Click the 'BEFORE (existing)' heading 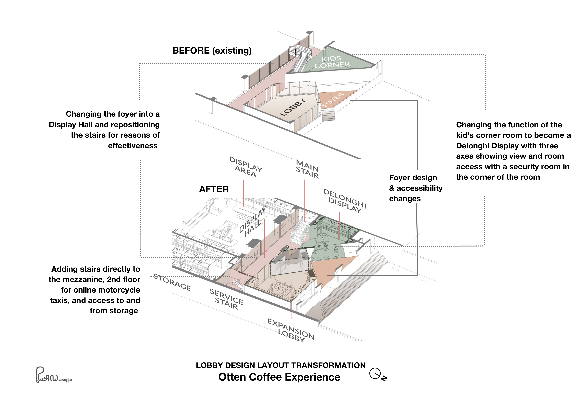(212, 51)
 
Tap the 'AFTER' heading (214, 189)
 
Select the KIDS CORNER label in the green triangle (332, 62)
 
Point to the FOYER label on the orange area (333, 100)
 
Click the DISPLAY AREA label (246, 167)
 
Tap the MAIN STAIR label (307, 169)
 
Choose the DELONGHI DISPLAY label (344, 201)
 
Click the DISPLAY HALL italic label (253, 222)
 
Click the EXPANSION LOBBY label (291, 330)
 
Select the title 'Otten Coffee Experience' (279, 377)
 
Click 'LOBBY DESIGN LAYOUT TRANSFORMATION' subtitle (280, 365)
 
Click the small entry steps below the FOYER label (329, 114)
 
